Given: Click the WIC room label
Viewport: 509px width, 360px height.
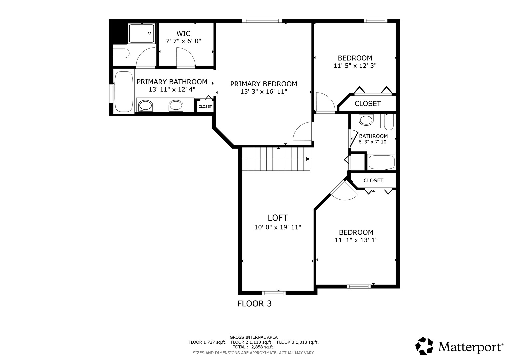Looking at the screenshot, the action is pos(183,34).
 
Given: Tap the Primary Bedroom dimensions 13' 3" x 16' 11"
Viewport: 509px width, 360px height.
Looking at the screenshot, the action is pos(264,92).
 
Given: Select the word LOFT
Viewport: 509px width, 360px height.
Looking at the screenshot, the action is pos(278,218).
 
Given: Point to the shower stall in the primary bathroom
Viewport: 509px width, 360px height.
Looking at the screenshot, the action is pos(141,33).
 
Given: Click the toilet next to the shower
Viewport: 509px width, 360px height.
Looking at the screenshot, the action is pos(121,53).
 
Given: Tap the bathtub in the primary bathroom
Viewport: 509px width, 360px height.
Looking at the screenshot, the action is pos(124,92).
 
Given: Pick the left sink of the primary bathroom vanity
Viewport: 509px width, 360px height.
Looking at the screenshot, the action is pos(145,106).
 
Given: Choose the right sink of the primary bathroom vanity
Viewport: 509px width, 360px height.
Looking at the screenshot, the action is pos(176,106).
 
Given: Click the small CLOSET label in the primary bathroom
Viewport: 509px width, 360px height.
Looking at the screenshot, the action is pos(205,107).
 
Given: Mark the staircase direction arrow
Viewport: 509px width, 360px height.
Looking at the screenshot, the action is pos(308,159).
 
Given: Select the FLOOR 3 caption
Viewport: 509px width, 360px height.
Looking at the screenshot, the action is pos(255,304).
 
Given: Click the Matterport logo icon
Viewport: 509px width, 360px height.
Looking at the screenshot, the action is pos(424,346).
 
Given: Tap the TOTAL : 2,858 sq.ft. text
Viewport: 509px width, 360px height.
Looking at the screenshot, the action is pos(254,347).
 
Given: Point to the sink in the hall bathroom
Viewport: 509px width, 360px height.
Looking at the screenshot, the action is pos(366,120).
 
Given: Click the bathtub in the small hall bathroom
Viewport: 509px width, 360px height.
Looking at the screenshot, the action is pos(382,162).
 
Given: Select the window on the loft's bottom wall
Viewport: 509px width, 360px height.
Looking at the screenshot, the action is pos(274,293).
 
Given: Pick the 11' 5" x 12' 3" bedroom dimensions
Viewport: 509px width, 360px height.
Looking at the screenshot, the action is pos(355,66).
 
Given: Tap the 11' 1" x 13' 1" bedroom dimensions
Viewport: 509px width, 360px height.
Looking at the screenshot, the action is pos(356,240).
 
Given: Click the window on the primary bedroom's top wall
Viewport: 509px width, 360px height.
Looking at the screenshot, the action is pos(262,21).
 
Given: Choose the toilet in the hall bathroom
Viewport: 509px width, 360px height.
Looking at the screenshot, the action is pos(389,122).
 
